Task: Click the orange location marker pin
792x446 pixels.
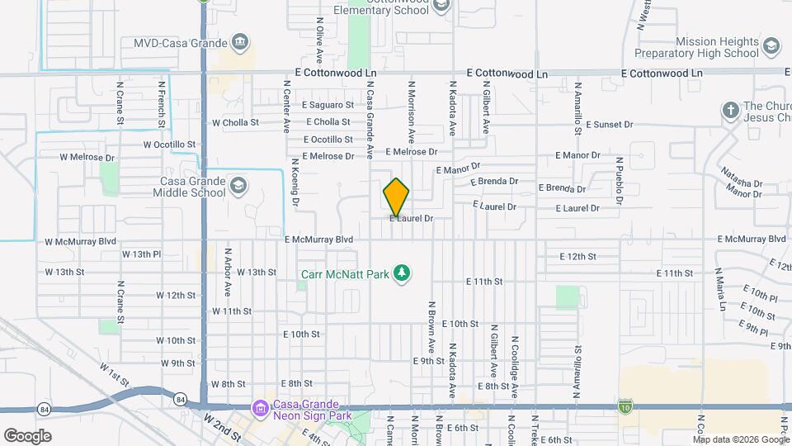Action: click(x=396, y=197)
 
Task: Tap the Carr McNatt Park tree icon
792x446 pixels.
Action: click(x=402, y=272)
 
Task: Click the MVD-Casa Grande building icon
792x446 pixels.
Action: click(x=240, y=42)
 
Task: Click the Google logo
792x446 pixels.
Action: click(x=27, y=435)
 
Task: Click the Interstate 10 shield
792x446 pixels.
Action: click(x=625, y=406)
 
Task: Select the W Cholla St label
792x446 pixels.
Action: click(x=235, y=122)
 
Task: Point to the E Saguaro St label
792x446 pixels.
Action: click(x=328, y=105)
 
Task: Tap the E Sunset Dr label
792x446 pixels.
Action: click(x=609, y=125)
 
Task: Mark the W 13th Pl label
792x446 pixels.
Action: click(x=68, y=254)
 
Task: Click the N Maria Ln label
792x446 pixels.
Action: click(x=722, y=290)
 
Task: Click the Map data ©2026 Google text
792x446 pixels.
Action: click(x=740, y=439)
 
